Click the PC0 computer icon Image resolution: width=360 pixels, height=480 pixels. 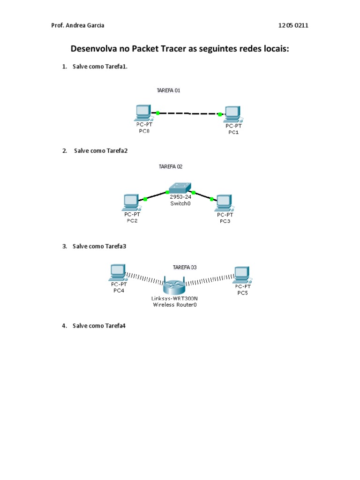(x=142, y=113)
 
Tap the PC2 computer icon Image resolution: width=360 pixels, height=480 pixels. (x=130, y=202)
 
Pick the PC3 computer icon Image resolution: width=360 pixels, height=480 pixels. (x=223, y=202)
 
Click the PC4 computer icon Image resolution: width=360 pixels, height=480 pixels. (x=117, y=272)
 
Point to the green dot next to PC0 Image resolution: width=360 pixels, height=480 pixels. (x=158, y=112)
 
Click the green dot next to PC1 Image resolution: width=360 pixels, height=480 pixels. (x=220, y=114)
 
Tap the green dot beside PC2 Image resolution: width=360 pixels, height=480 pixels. (x=145, y=199)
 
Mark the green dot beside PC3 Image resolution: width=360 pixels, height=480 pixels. (x=212, y=199)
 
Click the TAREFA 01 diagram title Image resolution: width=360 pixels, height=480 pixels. (x=168, y=90)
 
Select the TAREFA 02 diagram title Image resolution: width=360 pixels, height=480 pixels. (x=171, y=166)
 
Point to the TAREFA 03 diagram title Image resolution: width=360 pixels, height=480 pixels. (x=185, y=267)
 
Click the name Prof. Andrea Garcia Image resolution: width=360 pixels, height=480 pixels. (x=78, y=26)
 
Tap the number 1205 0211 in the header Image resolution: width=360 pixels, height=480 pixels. (x=293, y=26)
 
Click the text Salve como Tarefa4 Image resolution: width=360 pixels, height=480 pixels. (x=99, y=326)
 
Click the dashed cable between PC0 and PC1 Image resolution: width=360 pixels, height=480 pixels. (x=189, y=113)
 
